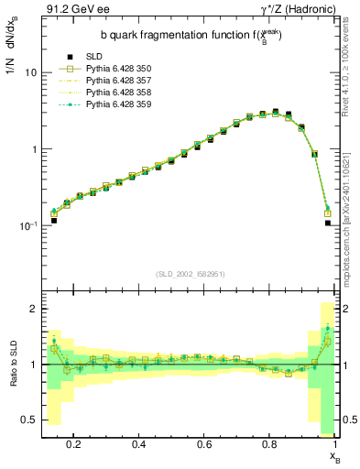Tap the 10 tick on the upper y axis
pyautogui.click(x=31, y=72)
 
